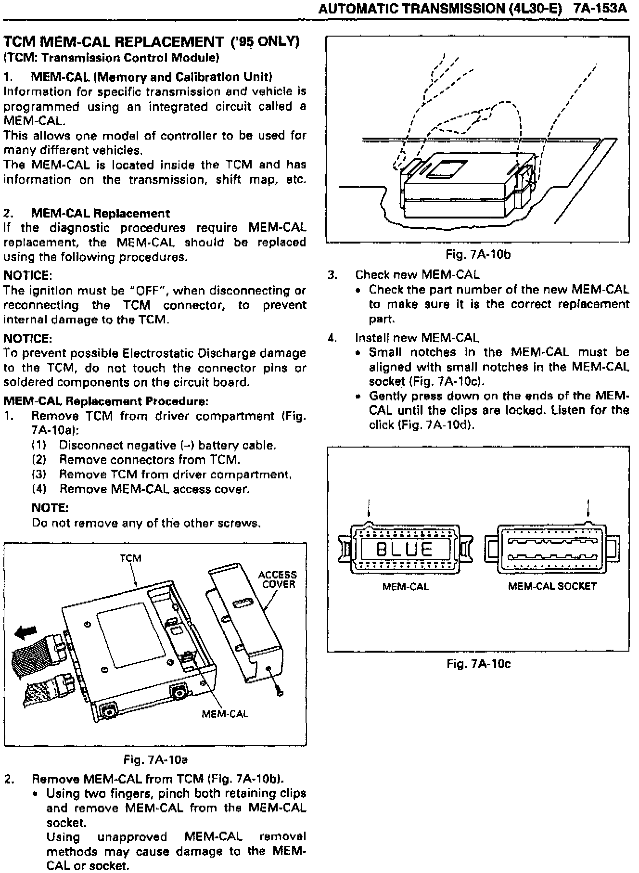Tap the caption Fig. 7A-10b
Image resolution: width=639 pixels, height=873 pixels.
(x=478, y=254)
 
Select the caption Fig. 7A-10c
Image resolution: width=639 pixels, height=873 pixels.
(x=478, y=664)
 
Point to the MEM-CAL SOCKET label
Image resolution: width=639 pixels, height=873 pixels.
(x=552, y=587)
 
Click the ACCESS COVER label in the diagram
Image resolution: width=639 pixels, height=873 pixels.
(x=278, y=579)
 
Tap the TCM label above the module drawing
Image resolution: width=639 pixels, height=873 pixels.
(x=130, y=558)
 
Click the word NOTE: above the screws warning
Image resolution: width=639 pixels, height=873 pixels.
(x=50, y=508)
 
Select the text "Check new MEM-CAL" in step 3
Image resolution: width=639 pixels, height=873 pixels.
(x=417, y=275)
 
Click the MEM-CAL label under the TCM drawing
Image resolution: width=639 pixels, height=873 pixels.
(x=225, y=714)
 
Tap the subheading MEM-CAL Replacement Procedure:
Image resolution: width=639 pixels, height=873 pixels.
(x=106, y=401)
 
